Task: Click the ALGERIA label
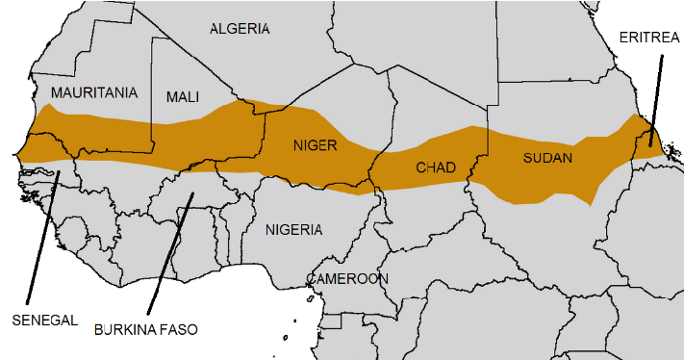240,29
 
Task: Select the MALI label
183,97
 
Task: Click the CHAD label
435,167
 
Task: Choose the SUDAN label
547,157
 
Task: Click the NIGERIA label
294,230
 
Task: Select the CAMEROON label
347,279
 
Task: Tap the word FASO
178,329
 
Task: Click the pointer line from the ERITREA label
655,96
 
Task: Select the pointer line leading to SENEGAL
42,241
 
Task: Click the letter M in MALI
171,97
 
